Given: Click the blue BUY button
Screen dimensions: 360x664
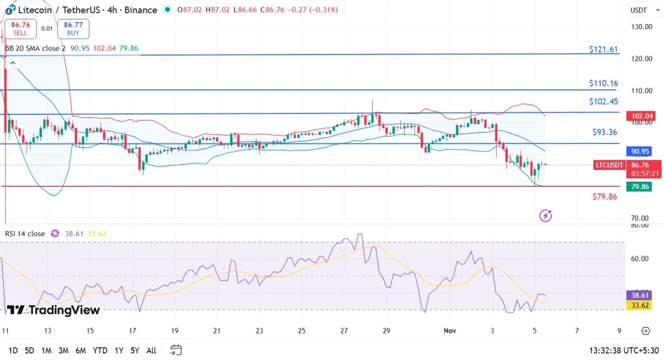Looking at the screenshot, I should tap(73, 29).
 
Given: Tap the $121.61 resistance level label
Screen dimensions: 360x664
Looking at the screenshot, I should tap(602, 49).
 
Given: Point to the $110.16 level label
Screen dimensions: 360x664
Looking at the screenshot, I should tap(602, 84).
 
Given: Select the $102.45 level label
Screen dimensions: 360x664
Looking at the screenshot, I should tap(603, 102).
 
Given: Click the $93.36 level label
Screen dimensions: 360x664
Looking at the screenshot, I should tap(604, 132).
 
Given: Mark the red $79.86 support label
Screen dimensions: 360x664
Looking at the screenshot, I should tap(604, 197).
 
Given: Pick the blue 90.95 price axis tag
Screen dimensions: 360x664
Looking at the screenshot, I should tap(641, 152).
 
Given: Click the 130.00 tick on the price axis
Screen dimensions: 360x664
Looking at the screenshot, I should tap(641, 27).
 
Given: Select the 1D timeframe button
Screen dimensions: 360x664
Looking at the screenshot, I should tap(12, 350).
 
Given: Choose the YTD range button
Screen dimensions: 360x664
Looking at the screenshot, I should tap(99, 350).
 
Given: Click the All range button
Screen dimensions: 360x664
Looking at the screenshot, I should tap(151, 350).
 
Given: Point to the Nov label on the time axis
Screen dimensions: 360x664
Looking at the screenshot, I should tap(450, 330).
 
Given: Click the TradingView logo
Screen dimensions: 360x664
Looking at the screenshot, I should tap(53, 310).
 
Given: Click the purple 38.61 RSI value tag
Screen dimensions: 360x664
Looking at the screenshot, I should tap(641, 294).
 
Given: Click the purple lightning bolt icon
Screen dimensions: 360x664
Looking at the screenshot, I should tap(546, 215).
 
